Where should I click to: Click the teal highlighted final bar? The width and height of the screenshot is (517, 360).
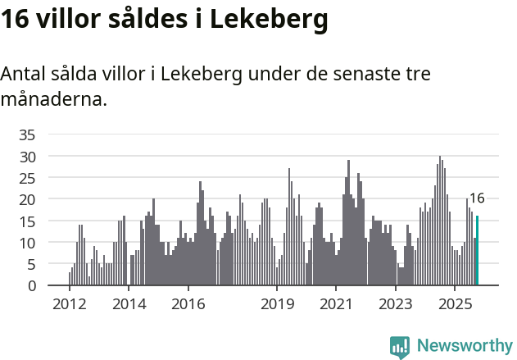point(477,251)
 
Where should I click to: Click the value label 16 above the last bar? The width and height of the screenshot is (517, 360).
point(477,198)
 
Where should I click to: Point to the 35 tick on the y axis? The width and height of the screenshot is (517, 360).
point(28,134)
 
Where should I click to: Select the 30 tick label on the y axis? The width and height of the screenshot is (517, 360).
point(28,156)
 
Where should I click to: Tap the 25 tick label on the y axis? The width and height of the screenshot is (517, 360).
point(28,178)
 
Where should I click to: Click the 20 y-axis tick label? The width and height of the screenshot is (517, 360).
point(28,199)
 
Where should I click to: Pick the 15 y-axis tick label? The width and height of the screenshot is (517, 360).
point(28,221)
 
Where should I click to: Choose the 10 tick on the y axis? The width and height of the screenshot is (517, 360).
point(28,243)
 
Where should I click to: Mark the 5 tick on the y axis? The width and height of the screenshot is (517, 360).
point(32,264)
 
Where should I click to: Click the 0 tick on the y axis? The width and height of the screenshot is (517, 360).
point(32,286)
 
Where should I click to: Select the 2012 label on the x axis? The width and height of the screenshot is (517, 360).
point(69,304)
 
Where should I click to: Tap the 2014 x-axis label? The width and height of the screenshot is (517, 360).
point(128,304)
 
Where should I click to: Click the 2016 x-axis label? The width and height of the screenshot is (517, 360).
point(188,304)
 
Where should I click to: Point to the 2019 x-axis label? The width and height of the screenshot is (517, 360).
point(277,304)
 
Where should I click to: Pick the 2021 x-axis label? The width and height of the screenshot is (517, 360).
point(336,304)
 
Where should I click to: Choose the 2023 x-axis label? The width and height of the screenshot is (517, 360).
point(396,304)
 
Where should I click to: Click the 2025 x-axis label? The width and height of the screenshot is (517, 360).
point(455,304)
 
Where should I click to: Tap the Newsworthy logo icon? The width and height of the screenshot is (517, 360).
point(400,346)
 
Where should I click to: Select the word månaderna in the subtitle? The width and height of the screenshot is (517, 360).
point(53,101)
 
